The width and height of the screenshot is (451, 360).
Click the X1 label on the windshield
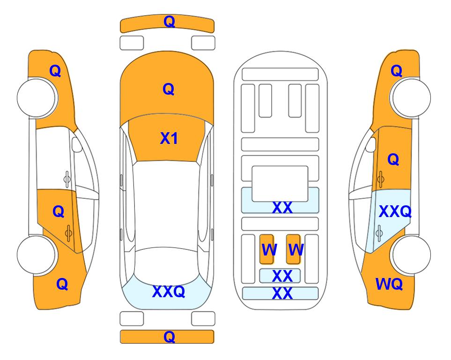169,138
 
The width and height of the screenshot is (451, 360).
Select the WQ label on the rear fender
389,284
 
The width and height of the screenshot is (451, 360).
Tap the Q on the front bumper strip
169,22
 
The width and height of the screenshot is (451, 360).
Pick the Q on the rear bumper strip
169,337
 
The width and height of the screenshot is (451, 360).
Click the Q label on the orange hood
169,89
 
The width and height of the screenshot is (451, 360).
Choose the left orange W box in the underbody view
267,249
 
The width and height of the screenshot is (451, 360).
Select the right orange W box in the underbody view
293,249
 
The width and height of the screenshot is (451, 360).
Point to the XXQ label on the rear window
169,291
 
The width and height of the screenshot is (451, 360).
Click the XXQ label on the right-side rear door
395,211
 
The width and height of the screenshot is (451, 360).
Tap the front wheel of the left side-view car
37,97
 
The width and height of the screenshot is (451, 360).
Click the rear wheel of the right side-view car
411,255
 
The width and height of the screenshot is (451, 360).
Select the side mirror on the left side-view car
76,144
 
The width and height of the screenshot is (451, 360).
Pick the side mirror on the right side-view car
371,144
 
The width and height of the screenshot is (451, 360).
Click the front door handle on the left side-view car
67,179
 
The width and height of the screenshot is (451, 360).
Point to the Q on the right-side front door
393,159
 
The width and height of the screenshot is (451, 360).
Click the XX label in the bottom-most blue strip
282,293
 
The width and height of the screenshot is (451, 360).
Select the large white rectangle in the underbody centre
280,184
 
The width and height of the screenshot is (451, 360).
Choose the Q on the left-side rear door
59,212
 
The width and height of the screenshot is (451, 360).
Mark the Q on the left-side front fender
55,71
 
